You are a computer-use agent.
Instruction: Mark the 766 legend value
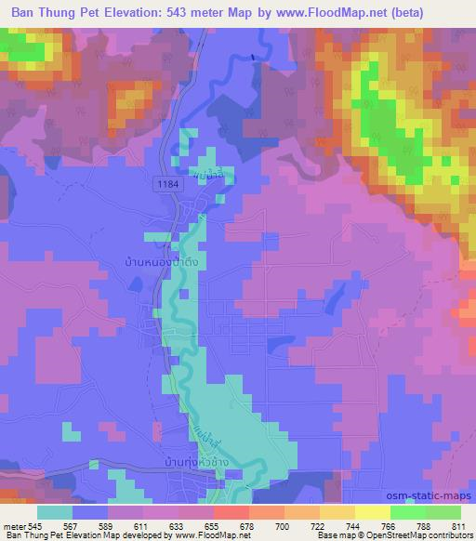tap(376, 526)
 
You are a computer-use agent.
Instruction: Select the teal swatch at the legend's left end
tap(54, 512)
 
